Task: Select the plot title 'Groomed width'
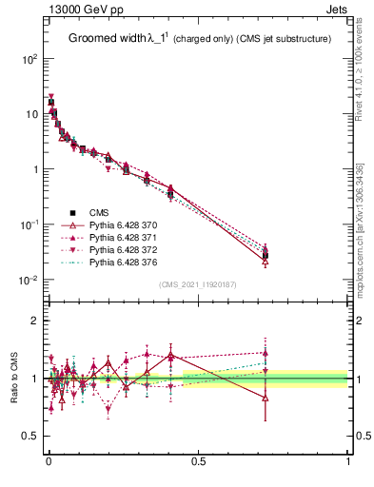click(x=108, y=39)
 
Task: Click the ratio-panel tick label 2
click(x=35, y=321)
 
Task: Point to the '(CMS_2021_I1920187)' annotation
click(x=199, y=284)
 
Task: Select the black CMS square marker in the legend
click(x=73, y=212)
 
